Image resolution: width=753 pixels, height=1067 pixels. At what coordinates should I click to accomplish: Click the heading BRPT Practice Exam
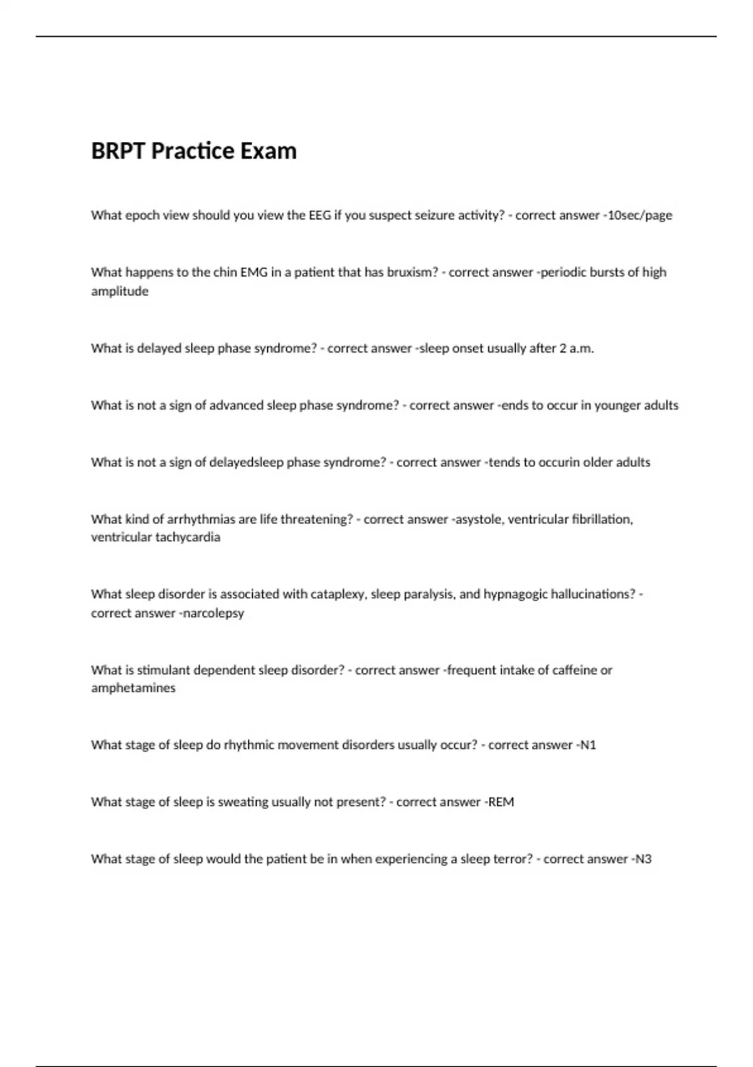pyautogui.click(x=194, y=151)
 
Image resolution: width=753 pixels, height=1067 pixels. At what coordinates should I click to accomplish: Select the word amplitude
pyautogui.click(x=120, y=291)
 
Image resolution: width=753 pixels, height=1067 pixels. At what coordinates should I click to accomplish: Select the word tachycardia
pyautogui.click(x=188, y=537)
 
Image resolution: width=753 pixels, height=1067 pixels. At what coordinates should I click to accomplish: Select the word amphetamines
pyautogui.click(x=133, y=688)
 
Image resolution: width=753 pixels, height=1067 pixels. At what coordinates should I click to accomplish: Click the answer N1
pyautogui.click(x=588, y=745)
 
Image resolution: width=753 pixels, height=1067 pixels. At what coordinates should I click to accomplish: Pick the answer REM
pyautogui.click(x=501, y=802)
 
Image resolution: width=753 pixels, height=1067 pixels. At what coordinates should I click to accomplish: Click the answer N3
pyautogui.click(x=644, y=859)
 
